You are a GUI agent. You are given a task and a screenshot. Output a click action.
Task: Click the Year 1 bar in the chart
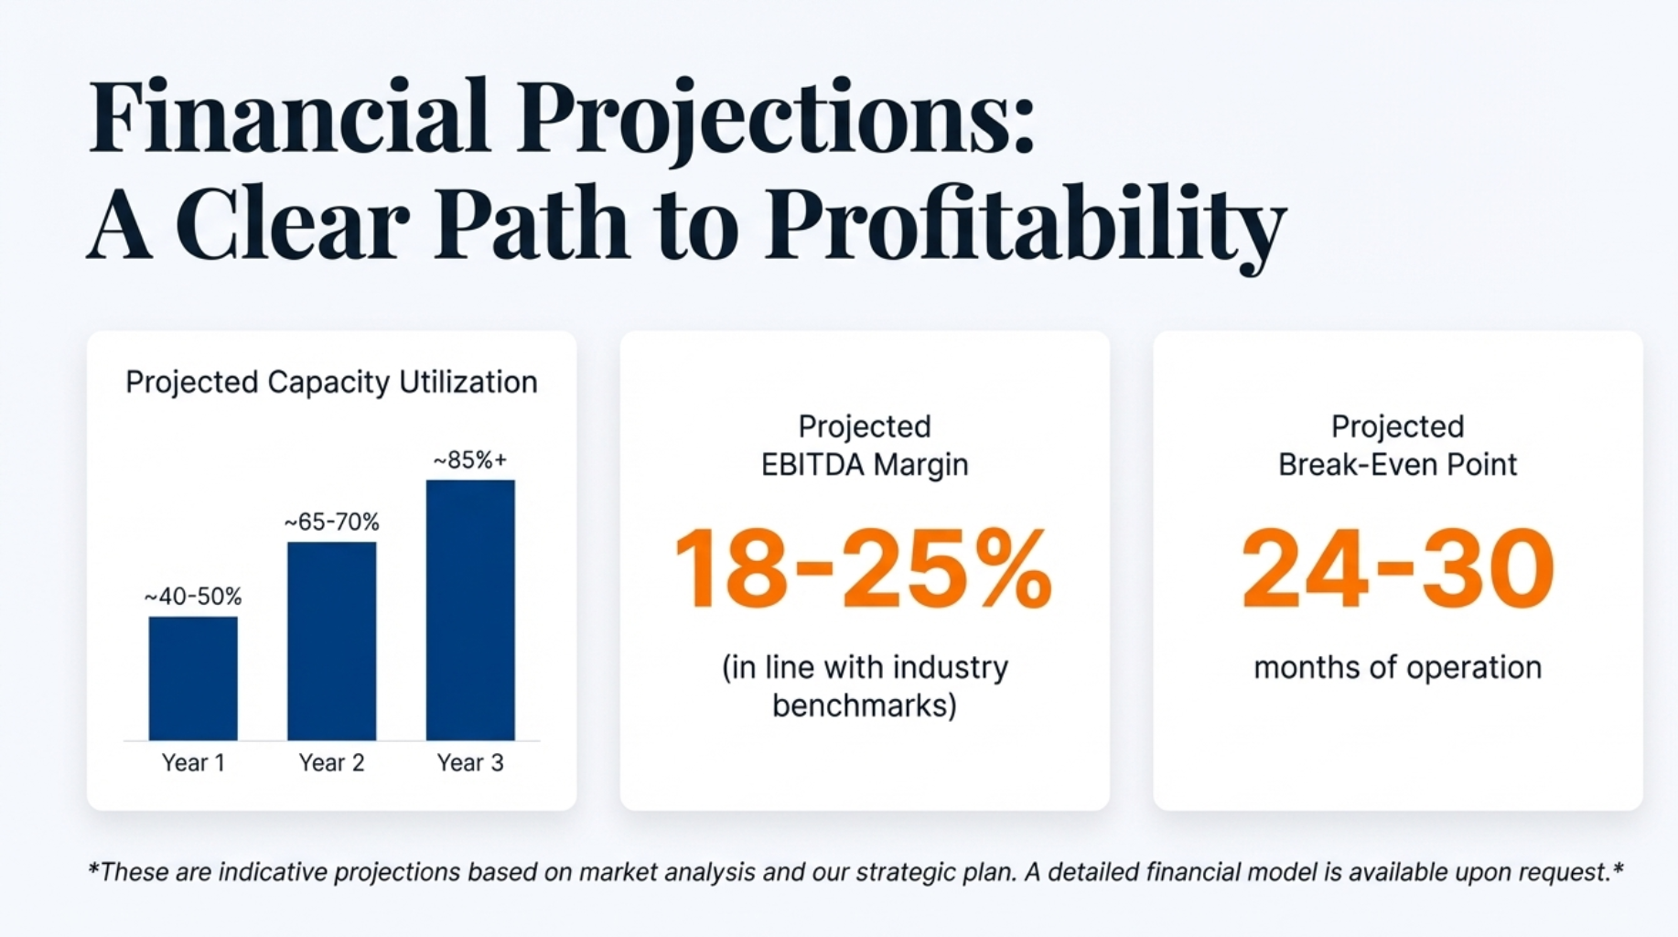click(193, 678)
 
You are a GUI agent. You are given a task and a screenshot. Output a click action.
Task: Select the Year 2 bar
click(331, 641)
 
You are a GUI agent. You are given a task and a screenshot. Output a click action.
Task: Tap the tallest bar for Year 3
click(470, 609)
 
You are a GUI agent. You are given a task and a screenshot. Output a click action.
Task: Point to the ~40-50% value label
click(193, 597)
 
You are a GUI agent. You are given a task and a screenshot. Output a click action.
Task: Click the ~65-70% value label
click(331, 522)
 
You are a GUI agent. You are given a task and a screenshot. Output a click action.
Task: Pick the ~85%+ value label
click(470, 459)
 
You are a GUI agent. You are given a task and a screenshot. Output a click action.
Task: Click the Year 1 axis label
click(193, 762)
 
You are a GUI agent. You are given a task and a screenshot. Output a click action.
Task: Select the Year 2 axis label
click(331, 762)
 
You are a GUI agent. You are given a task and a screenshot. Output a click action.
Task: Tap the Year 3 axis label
click(470, 762)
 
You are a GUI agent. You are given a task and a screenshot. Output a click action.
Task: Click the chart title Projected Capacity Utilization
click(331, 382)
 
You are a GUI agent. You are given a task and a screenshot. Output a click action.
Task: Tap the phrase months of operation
click(1397, 667)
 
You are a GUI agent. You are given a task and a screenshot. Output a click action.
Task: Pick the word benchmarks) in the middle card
click(864, 705)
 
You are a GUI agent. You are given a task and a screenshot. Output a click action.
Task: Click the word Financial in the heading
click(290, 118)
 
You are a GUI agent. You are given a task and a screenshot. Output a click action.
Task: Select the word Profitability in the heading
click(1026, 224)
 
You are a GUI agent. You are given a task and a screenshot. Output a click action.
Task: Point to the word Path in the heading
click(532, 224)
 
